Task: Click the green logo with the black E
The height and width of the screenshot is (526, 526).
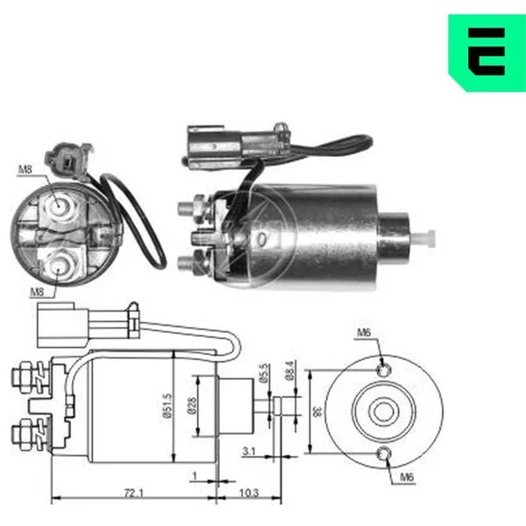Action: tap(487, 53)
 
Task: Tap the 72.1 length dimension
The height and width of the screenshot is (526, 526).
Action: tap(134, 493)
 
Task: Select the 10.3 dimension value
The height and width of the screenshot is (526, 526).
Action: tap(249, 493)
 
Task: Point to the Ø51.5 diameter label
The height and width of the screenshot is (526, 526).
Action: tap(167, 406)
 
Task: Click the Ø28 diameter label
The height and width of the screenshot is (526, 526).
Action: tap(192, 406)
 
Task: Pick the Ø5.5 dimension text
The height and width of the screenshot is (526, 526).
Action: tap(265, 373)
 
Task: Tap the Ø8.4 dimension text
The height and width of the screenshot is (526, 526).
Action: tap(290, 370)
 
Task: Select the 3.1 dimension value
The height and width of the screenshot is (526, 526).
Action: tap(249, 451)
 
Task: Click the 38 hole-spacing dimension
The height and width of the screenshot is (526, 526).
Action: tap(317, 412)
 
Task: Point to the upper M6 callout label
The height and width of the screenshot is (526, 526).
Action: tap(364, 333)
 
